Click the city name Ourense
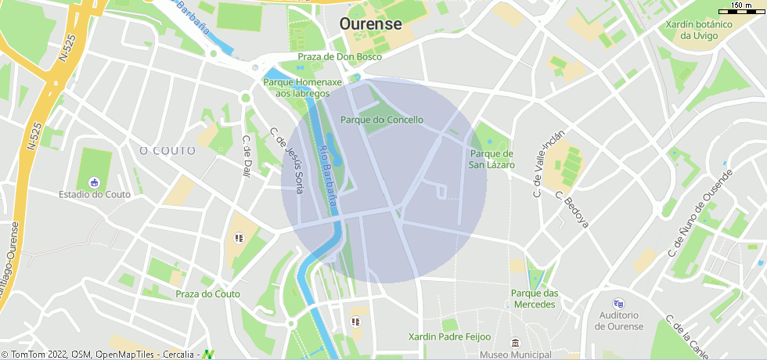(x=370, y=24)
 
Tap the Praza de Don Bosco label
(x=340, y=57)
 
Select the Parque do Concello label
(x=381, y=120)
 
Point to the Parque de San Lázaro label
(x=492, y=159)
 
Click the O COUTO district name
(x=167, y=150)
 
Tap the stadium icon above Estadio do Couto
(x=95, y=182)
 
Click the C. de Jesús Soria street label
(x=286, y=160)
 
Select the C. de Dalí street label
(x=246, y=157)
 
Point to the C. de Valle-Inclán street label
(x=548, y=163)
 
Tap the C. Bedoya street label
(x=571, y=209)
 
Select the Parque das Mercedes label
(x=535, y=298)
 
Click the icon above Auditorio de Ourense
(x=619, y=304)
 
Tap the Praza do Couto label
(x=207, y=294)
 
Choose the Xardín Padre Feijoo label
(x=449, y=337)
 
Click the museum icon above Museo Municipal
(x=515, y=343)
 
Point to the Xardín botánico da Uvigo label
(x=699, y=30)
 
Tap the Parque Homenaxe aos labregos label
(x=303, y=88)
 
